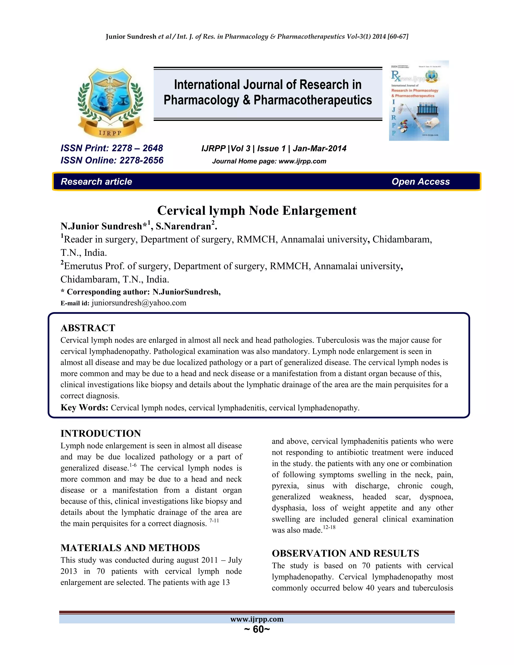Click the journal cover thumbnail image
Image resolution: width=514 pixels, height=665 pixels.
pyautogui.click(x=419, y=100)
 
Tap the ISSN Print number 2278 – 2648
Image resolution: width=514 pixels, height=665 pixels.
pyautogui.click(x=137, y=148)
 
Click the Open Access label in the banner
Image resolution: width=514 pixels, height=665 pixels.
pyautogui.click(x=421, y=181)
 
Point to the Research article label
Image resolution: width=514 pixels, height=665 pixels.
pyautogui.click(x=96, y=181)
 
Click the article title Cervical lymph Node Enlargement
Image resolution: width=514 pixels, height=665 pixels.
pyautogui.click(x=257, y=210)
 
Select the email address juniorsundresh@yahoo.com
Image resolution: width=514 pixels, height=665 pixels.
pyautogui.click(x=139, y=303)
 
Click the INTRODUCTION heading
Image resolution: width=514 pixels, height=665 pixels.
pyautogui.click(x=100, y=433)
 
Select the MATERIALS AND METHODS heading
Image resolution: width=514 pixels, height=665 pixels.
pyautogui.click(x=130, y=548)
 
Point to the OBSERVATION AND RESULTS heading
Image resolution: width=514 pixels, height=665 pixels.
pyautogui.click(x=345, y=553)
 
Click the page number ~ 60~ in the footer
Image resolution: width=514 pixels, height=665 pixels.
pyautogui.click(x=257, y=629)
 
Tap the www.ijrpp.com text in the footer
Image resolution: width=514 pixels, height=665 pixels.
pyautogui.click(x=257, y=619)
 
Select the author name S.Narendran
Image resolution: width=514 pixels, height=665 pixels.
pyautogui.click(x=183, y=226)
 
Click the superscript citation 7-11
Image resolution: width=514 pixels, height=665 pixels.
pyautogui.click(x=214, y=521)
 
